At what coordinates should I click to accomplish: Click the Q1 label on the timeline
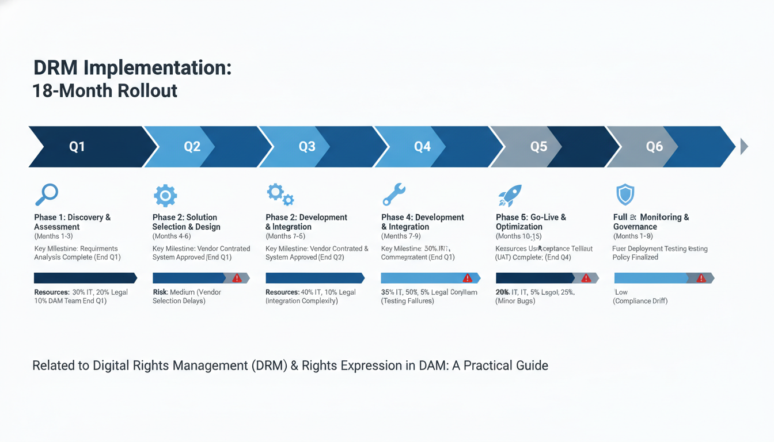pyautogui.click(x=77, y=147)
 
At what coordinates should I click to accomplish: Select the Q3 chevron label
pyautogui.click(x=307, y=147)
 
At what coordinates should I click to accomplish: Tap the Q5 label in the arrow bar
pyautogui.click(x=538, y=147)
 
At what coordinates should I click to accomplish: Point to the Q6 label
pyautogui.click(x=654, y=147)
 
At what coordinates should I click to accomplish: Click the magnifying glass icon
pyautogui.click(x=46, y=195)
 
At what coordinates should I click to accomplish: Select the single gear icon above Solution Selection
pyautogui.click(x=165, y=196)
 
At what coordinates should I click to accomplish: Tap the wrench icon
pyautogui.click(x=394, y=195)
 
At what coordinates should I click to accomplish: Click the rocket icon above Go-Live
pyautogui.click(x=510, y=196)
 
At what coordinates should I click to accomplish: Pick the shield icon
pyautogui.click(x=625, y=195)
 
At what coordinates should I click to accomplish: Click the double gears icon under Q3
pyautogui.click(x=280, y=195)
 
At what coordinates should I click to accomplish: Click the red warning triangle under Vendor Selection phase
pyautogui.click(x=237, y=278)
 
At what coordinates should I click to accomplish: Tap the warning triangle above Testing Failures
pyautogui.click(x=467, y=278)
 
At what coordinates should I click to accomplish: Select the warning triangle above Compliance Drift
pyautogui.click(x=701, y=278)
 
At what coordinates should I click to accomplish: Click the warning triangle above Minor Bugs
pyautogui.click(x=586, y=278)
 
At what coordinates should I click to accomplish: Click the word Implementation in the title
pyautogui.click(x=158, y=68)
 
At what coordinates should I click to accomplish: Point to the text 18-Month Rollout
pyautogui.click(x=105, y=90)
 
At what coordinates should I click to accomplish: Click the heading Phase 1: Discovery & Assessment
pyautogui.click(x=72, y=222)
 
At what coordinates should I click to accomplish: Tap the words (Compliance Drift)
pyautogui.click(x=640, y=301)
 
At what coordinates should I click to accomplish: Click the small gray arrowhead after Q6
pyautogui.click(x=743, y=147)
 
